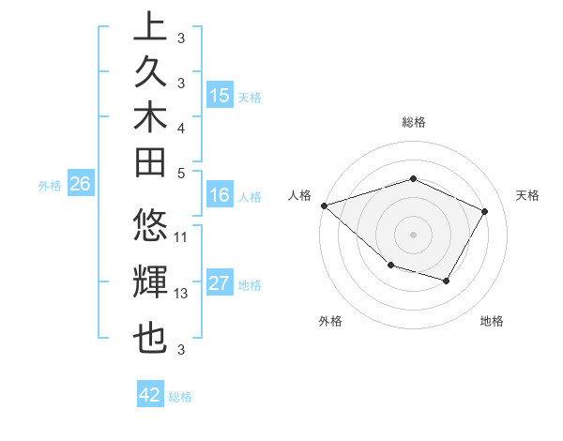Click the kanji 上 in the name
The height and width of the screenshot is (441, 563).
pos(150,26)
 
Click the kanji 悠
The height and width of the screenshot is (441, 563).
pos(150,228)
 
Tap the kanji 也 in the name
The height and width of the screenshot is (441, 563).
pos(150,339)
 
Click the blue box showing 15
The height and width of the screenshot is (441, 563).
pos(220,96)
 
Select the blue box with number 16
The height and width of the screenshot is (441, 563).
pos(220,195)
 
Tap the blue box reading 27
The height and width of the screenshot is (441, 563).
pos(220,284)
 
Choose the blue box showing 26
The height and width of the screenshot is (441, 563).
pos(80,185)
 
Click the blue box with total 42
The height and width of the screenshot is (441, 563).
pos(150,395)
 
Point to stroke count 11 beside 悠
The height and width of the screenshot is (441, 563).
pos(182,236)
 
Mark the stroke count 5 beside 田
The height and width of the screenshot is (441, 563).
pos(181,173)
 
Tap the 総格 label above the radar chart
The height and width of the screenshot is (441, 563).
pos(414,122)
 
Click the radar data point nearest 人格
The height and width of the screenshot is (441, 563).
pos(324,205)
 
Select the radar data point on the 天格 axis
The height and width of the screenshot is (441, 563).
pos(484,211)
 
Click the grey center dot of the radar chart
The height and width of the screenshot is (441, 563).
pos(414,234)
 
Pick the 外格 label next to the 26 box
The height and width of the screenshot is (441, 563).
pos(50,186)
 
